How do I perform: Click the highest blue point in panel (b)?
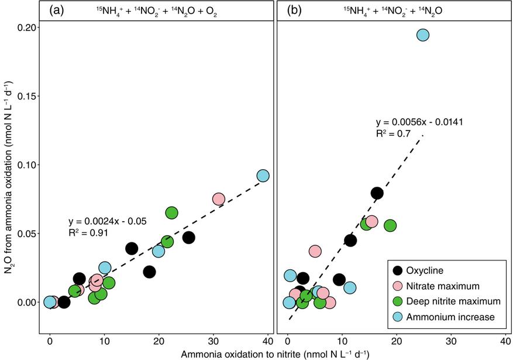423,35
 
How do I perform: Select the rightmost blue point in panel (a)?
263,176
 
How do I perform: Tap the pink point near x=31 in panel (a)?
219,199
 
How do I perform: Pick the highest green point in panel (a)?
171,213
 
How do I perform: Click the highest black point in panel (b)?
377,193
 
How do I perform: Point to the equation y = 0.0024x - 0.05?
107,221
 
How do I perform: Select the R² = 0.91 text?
88,233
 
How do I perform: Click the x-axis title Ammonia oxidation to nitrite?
275,354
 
